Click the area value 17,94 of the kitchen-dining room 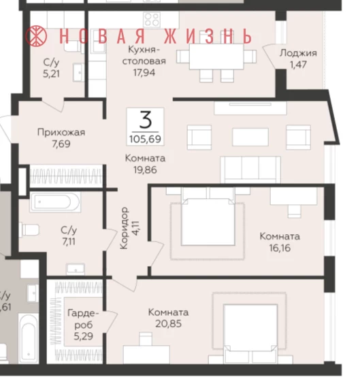pos(144,73)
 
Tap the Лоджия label pos(298,53)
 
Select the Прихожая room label pos(61,132)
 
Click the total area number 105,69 pos(145,139)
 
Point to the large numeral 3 pos(146,120)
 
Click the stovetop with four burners pos(152,19)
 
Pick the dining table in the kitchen pos(216,56)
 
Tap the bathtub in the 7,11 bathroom pos(55,202)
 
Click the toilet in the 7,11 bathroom pos(29,230)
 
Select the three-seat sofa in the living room pos(250,169)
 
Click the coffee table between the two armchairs pos(250,137)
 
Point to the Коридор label pos(124,228)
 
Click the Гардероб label pos(83,319)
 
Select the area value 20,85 pos(169,323)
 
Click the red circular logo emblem pos(36,36)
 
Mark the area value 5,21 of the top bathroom pos(51,74)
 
